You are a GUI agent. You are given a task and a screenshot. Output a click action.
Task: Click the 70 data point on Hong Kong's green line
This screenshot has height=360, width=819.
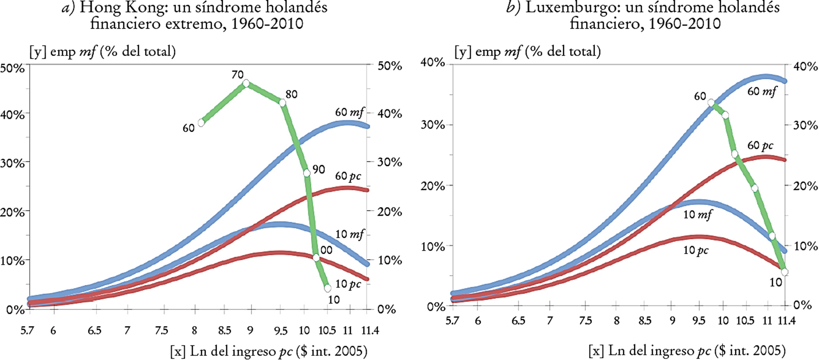click(x=246, y=83)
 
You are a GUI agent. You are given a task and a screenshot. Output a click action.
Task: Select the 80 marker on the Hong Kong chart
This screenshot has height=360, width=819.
click(x=282, y=103)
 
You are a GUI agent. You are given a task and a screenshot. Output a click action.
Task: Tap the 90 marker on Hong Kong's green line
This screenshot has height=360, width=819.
click(x=307, y=173)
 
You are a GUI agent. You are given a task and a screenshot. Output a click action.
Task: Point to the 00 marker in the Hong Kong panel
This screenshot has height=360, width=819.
click(x=316, y=258)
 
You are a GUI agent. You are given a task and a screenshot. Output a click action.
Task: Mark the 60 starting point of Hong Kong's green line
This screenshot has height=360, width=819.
click(x=201, y=123)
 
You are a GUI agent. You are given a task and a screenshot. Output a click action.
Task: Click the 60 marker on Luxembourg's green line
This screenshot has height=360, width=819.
click(x=711, y=103)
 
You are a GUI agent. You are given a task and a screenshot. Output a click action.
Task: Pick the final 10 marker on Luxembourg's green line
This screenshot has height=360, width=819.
click(x=784, y=272)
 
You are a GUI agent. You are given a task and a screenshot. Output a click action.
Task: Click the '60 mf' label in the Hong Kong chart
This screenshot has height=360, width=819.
click(x=349, y=112)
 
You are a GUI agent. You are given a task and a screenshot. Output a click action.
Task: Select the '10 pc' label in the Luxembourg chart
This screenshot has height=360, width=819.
click(x=696, y=250)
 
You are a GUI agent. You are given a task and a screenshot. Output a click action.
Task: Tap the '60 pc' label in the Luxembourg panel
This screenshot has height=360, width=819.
click(x=760, y=145)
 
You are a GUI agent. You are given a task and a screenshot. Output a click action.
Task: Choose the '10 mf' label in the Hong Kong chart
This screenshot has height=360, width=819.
click(x=349, y=235)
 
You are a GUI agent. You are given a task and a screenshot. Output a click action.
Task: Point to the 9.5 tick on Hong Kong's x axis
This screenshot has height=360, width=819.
click(x=280, y=330)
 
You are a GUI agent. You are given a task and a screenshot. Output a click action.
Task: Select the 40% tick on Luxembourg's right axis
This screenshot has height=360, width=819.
click(x=805, y=67)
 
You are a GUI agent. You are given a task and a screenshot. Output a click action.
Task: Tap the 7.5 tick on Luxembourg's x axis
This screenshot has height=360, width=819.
click(x=585, y=320)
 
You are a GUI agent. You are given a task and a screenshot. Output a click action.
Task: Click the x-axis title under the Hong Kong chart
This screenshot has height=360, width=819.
click(x=269, y=351)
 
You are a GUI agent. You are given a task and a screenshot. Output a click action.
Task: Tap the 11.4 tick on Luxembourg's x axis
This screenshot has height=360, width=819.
click(x=785, y=320)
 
